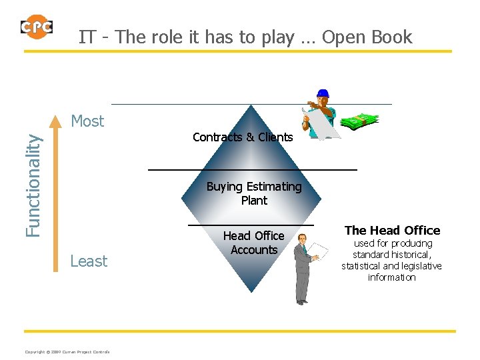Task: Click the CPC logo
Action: click(x=36, y=27)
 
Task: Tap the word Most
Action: click(x=87, y=121)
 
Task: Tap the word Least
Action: click(x=89, y=261)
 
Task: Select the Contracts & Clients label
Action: click(x=243, y=137)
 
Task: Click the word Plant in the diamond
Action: click(x=254, y=201)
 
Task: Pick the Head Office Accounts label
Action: click(x=253, y=243)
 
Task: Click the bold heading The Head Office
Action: click(x=392, y=231)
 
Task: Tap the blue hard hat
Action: click(x=323, y=93)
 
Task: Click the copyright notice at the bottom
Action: click(x=67, y=352)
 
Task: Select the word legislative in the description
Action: click(x=417, y=266)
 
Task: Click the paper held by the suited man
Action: click(x=318, y=251)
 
